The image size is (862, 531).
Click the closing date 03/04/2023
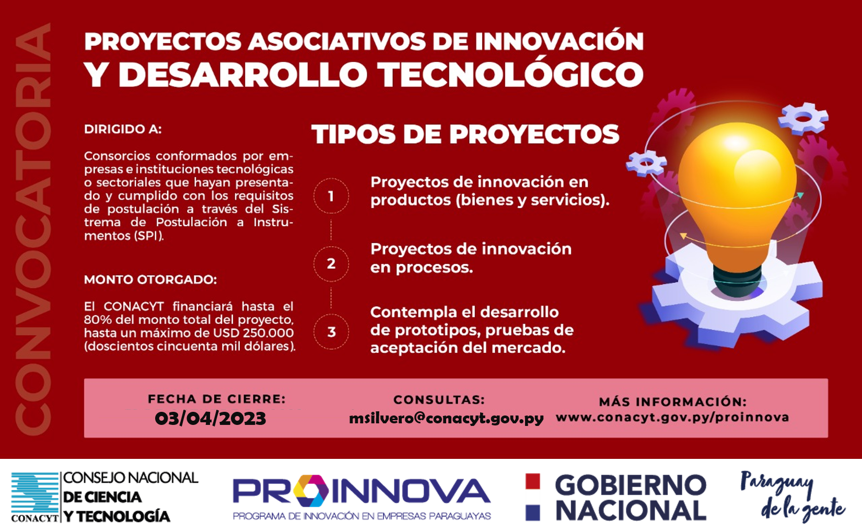coord(211,419)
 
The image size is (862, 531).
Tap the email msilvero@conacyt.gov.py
coord(446,419)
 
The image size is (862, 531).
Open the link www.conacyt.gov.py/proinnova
coord(672,418)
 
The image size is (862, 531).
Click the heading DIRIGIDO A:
coord(123,129)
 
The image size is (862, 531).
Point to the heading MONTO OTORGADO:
coord(150,279)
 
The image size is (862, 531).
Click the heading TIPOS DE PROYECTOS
coord(465,134)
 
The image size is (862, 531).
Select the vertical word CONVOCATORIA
coord(33,229)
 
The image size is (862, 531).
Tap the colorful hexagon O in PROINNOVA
coord(311,491)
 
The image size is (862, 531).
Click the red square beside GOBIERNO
coord(532,481)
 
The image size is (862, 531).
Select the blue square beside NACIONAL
coord(532,513)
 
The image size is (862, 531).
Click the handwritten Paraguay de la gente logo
coord(793,497)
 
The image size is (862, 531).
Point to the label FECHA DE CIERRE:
coord(217,399)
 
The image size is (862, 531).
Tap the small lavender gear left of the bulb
coord(647,163)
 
